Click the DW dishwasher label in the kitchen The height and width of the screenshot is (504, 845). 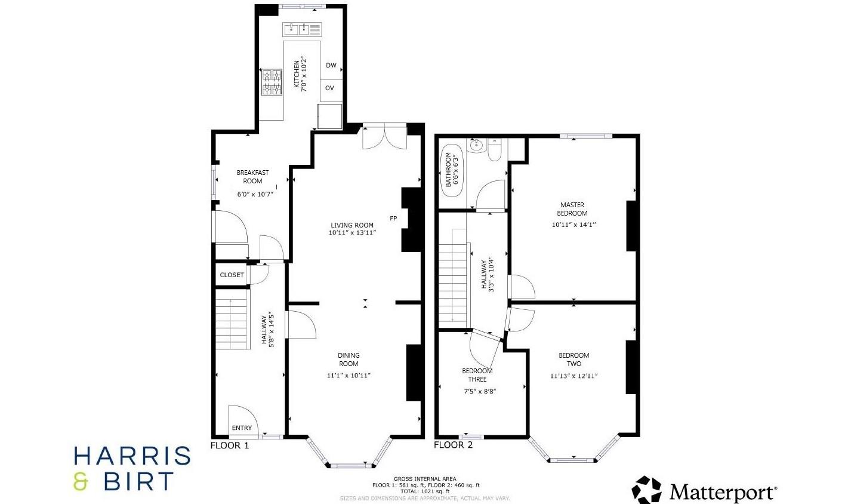coord(331,66)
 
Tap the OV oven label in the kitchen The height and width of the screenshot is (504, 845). coord(330,88)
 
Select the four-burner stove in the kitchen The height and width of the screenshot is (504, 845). coord(272,82)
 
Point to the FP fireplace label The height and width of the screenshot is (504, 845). coord(393,219)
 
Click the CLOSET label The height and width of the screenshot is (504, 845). coord(232,275)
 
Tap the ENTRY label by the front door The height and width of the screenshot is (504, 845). coord(242,428)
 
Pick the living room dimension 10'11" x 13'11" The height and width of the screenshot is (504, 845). coord(352,233)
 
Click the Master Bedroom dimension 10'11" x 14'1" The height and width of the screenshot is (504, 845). coord(572,225)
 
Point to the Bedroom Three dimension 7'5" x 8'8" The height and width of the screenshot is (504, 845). coord(480,392)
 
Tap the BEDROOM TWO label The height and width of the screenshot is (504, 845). coord(573,359)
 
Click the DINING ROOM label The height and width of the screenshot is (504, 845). coord(349,359)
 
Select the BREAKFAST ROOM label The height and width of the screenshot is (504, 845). coord(252,177)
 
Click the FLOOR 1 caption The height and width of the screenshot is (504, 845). coord(230,445)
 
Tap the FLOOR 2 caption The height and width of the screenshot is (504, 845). coord(453,445)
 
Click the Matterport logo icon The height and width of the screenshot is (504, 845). coord(647,490)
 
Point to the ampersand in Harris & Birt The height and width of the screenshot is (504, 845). coord(81,482)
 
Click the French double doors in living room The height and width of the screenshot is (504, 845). coord(385,136)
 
